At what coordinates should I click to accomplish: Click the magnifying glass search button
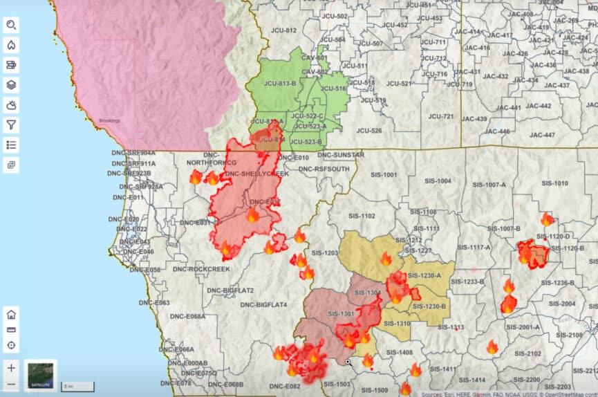11,26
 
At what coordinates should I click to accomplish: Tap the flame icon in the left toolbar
11,45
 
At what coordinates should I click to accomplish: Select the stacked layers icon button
11,85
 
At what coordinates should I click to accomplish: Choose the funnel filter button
11,124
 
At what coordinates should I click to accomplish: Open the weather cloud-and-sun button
11,105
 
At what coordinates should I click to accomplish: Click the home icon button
11,314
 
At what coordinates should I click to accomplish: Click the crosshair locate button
11,345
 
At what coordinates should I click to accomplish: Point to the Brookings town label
109,121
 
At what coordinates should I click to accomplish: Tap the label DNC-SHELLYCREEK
256,174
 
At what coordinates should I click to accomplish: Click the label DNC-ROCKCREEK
200,268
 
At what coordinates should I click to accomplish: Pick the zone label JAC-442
538,106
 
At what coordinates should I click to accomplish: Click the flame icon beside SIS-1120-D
547,220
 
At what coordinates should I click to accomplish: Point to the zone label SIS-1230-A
424,276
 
